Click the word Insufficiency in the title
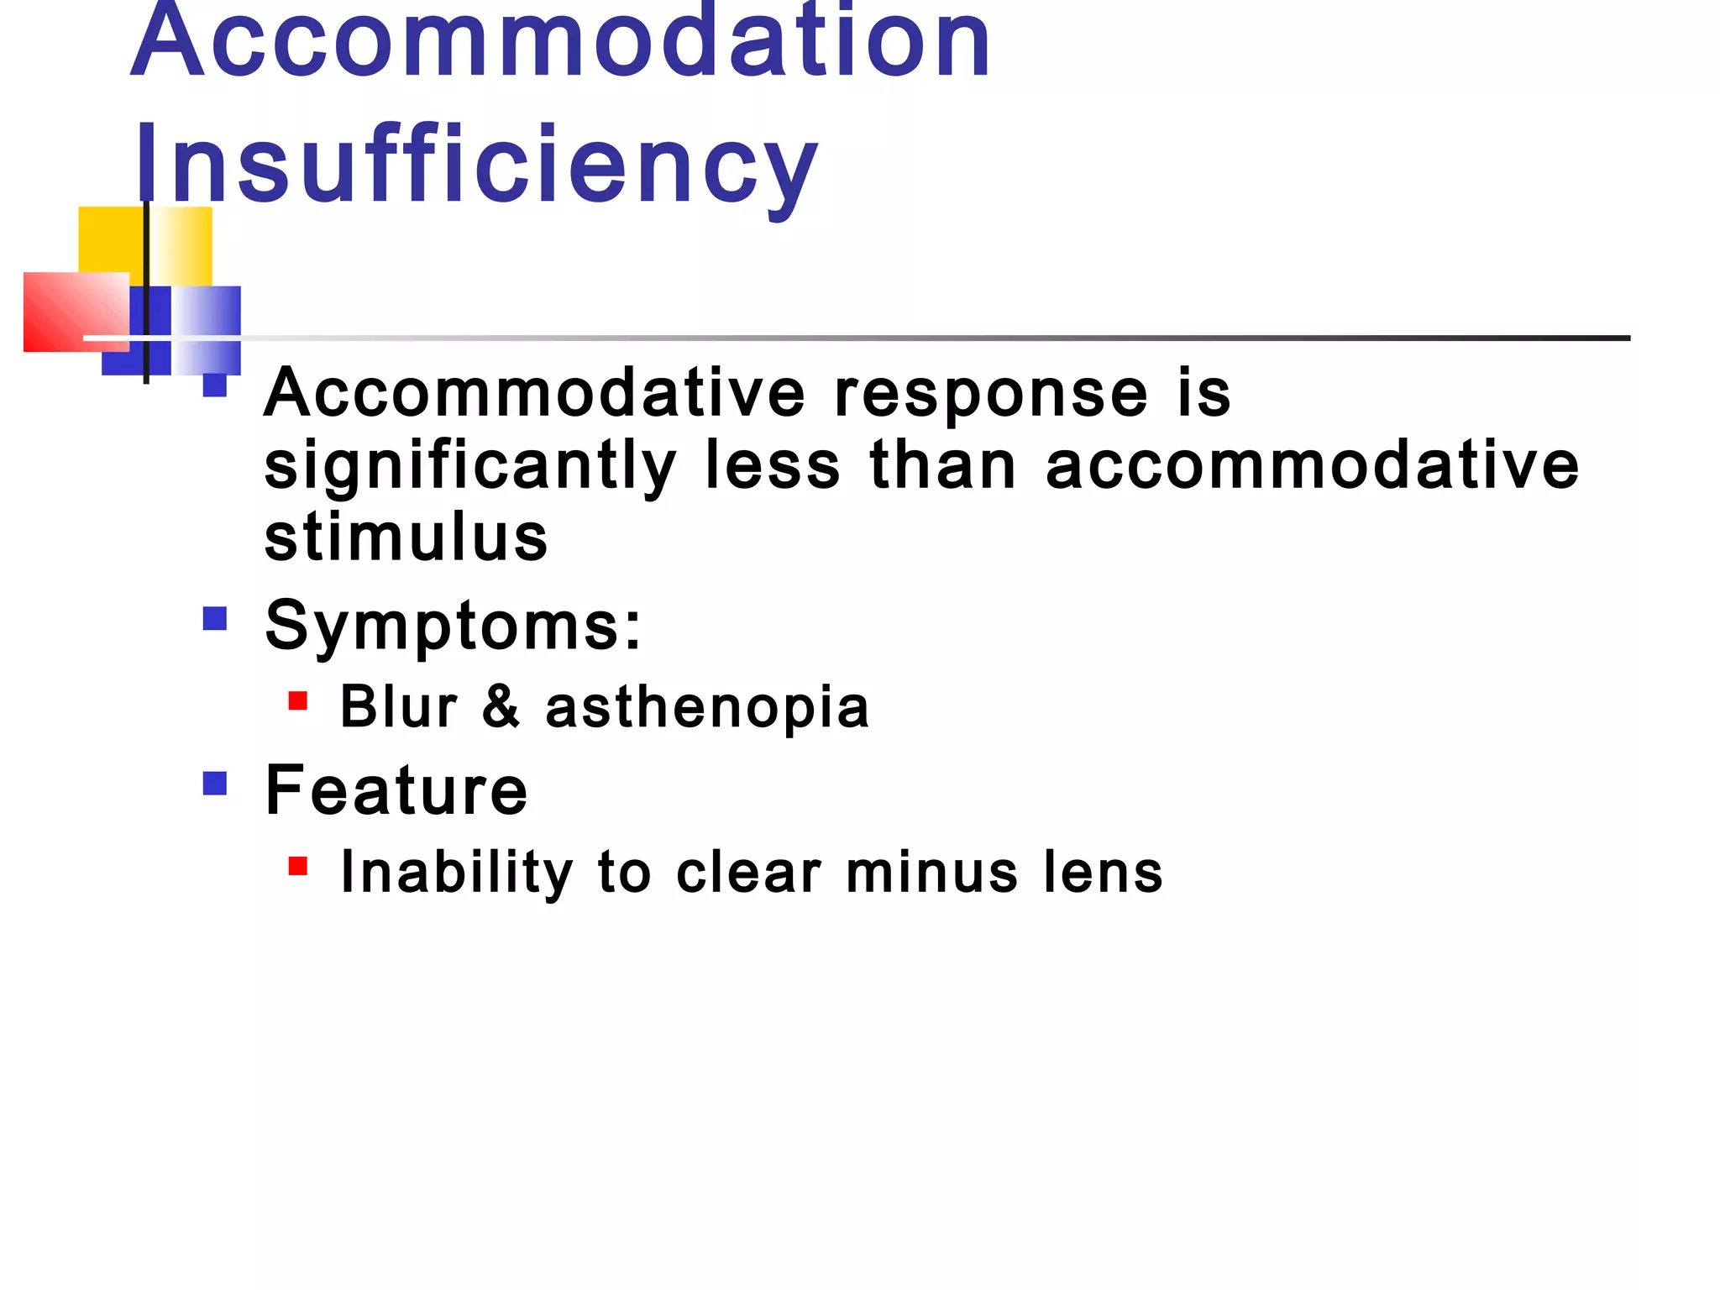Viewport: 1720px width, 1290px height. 475,165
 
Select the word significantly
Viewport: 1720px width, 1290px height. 470,467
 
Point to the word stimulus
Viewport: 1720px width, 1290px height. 406,537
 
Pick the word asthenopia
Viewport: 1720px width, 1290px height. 707,707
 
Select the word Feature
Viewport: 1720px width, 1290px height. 396,790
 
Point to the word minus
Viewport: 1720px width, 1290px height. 931,872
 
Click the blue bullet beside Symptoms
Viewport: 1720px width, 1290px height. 215,619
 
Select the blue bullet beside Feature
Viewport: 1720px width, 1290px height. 215,784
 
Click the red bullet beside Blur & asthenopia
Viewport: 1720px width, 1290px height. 297,700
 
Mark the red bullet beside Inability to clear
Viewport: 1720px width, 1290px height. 297,866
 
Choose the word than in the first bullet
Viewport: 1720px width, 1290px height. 943,467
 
